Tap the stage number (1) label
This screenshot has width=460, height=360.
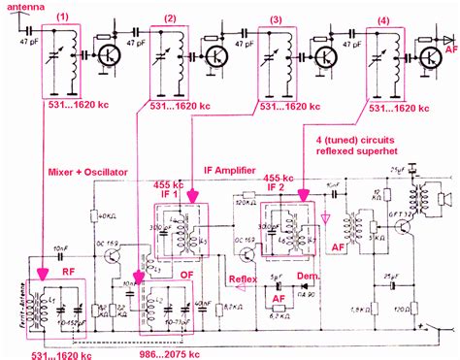64,17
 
